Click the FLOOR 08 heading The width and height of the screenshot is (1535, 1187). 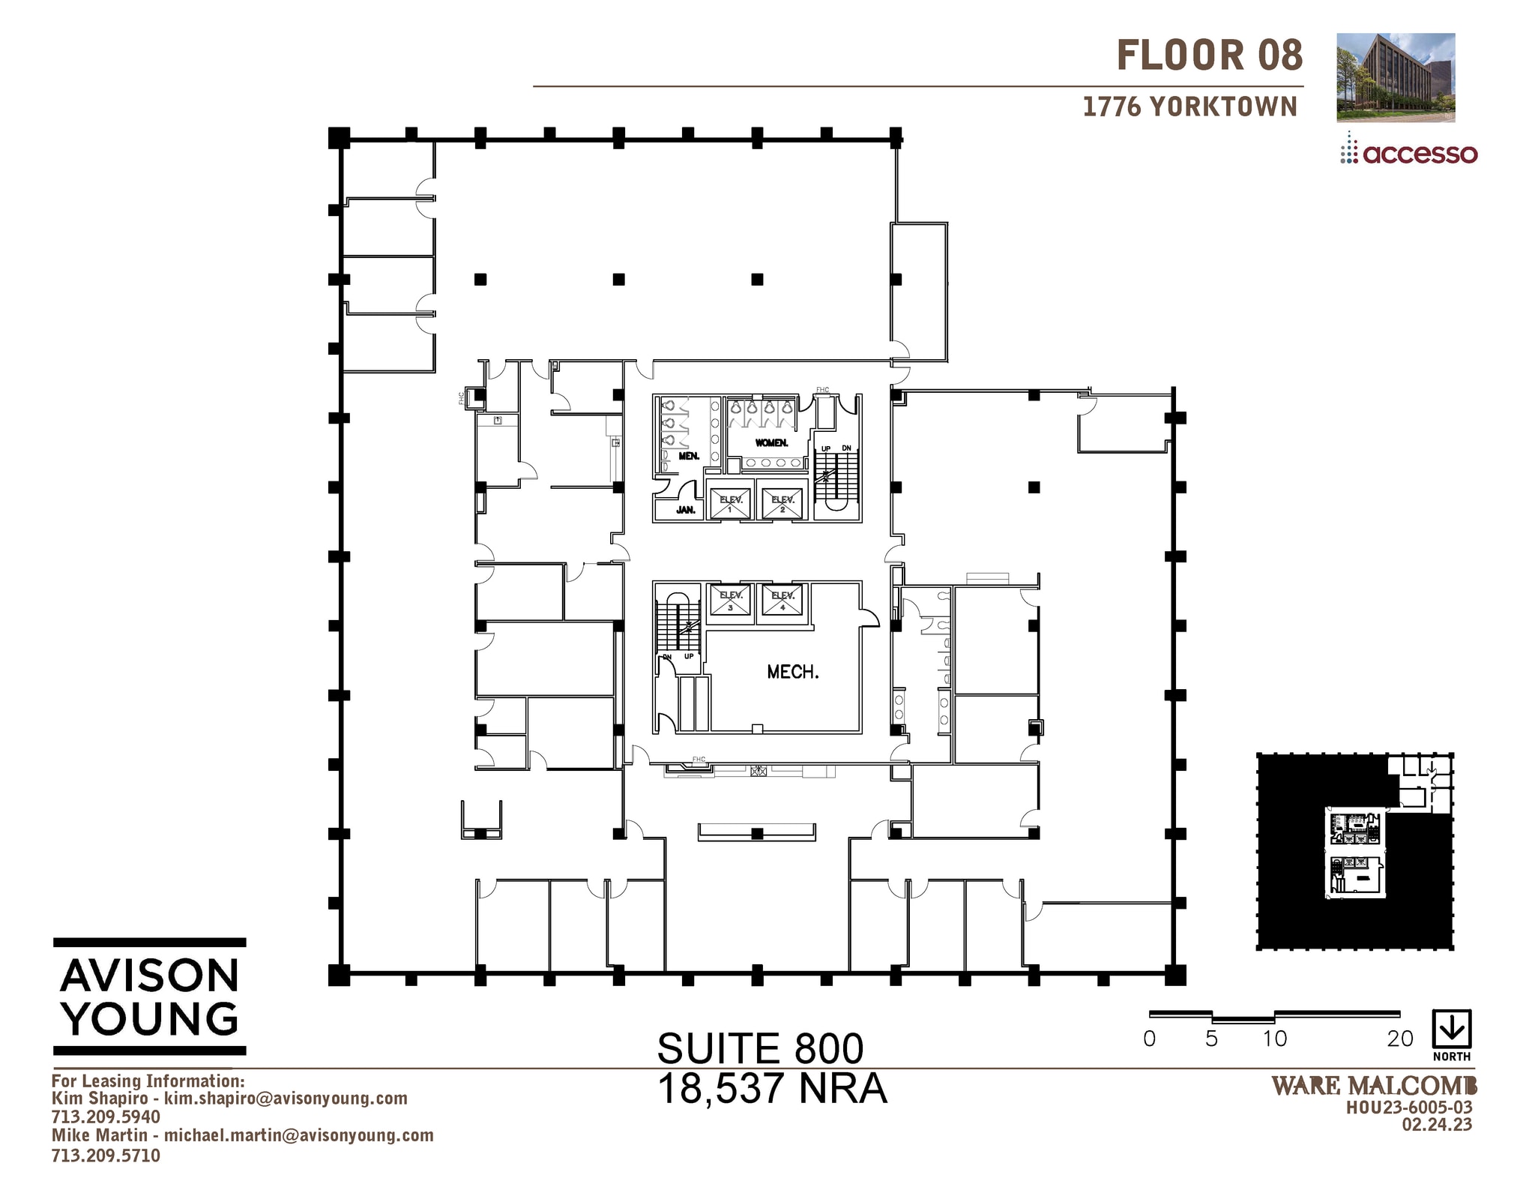pyautogui.click(x=1209, y=56)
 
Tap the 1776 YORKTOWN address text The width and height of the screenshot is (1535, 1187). pyautogui.click(x=1189, y=107)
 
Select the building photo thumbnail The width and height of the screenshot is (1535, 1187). pyautogui.click(x=1396, y=77)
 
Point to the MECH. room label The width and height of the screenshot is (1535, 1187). pyautogui.click(x=792, y=672)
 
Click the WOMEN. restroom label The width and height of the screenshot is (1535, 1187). pyautogui.click(x=771, y=443)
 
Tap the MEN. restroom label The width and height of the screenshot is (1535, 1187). pyautogui.click(x=688, y=456)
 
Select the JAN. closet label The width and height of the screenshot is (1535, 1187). pyautogui.click(x=685, y=510)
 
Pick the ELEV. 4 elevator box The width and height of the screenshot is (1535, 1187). pyautogui.click(x=782, y=601)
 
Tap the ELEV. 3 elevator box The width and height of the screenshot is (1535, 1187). pyautogui.click(x=730, y=601)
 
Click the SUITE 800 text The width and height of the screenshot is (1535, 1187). pyautogui.click(x=760, y=1048)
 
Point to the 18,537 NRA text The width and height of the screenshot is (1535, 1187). pyautogui.click(x=772, y=1089)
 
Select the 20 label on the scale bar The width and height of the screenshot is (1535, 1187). pyautogui.click(x=1399, y=1039)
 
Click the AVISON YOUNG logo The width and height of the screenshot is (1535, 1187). pyautogui.click(x=150, y=997)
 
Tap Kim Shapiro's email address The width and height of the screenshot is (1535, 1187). pyautogui.click(x=286, y=1099)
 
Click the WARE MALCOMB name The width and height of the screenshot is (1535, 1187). pyautogui.click(x=1374, y=1086)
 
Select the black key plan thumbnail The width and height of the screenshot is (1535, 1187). pyautogui.click(x=1355, y=852)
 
